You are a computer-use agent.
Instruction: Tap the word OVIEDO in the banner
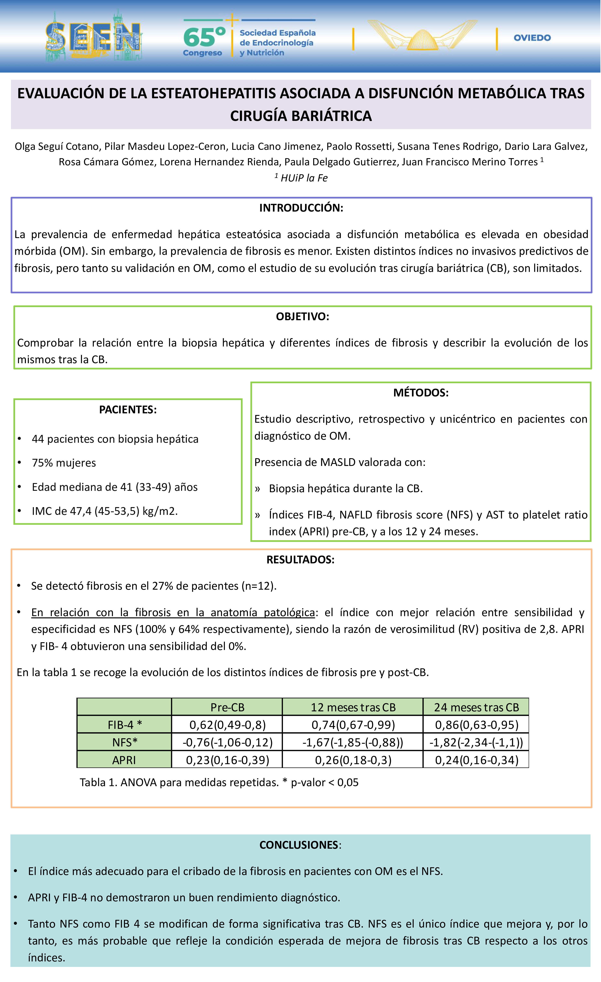[532, 38]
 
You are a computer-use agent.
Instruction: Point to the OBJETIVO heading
[303, 317]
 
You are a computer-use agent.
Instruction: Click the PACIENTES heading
[128, 410]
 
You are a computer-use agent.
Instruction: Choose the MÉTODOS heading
[421, 393]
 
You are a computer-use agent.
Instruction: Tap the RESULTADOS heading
[300, 559]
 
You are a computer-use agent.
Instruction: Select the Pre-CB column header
[227, 707]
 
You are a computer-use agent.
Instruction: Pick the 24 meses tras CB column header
[476, 707]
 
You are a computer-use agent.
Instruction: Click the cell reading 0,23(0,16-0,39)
[227, 760]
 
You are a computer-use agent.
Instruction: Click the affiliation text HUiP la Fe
[304, 178]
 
